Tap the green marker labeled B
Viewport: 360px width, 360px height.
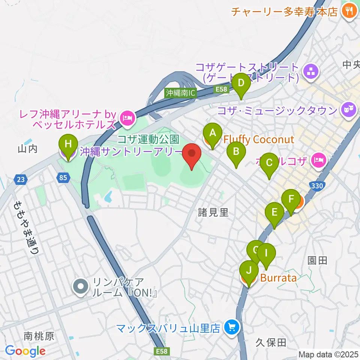point(236,151)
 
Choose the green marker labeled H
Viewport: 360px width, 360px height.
point(68,144)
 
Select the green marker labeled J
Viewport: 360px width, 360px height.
point(249,270)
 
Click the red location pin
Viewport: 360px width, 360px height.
point(192,153)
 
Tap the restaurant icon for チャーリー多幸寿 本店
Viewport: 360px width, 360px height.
point(349,11)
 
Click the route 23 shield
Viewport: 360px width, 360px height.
point(21,179)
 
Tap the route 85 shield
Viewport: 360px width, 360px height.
point(64,178)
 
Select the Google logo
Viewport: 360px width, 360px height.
point(25,351)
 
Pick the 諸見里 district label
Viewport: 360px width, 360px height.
point(213,213)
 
